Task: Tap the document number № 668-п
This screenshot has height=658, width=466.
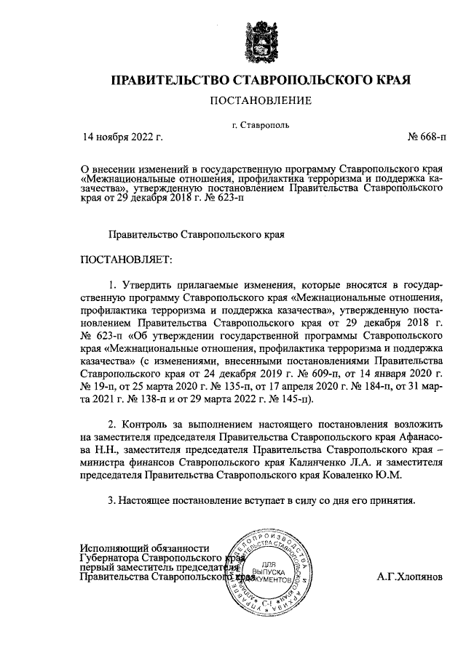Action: pos(430,135)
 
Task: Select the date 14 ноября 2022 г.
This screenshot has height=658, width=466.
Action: pos(122,135)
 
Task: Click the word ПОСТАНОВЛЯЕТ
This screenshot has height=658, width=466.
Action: pos(128,260)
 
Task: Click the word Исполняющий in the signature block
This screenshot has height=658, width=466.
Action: pos(117,548)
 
